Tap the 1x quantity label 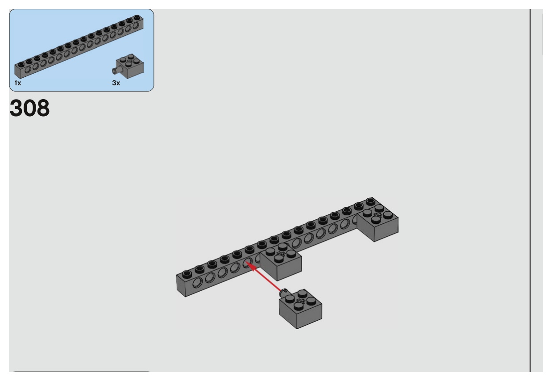point(17,84)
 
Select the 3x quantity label point(116,84)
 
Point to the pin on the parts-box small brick point(114,70)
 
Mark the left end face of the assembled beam point(181,286)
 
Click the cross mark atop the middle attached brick point(280,255)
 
